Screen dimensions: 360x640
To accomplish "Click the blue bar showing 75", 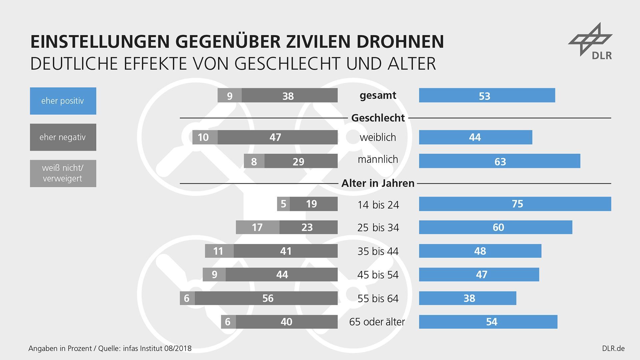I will [515, 204].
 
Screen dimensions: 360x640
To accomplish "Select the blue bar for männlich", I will [499, 161].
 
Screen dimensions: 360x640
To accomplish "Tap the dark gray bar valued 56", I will [266, 298].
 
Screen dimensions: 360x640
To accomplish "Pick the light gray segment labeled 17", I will [257, 227].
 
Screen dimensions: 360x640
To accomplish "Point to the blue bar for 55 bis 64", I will [467, 298].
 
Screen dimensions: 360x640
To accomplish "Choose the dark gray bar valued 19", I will [313, 204].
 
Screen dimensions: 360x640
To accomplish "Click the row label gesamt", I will [378, 96].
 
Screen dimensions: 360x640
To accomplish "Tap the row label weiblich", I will [378, 137].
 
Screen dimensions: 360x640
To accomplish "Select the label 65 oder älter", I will [377, 322].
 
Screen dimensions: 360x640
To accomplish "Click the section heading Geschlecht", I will [378, 118].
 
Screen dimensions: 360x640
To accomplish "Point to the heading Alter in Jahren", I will [378, 183].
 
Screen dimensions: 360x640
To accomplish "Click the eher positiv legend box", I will [63, 101].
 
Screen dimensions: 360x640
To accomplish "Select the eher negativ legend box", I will [63, 137].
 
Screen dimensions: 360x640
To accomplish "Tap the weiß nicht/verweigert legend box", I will [63, 173].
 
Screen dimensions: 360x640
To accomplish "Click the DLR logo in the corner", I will [591, 41].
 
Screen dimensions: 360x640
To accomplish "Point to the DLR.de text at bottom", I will [613, 349].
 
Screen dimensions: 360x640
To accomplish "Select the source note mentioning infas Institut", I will [110, 349].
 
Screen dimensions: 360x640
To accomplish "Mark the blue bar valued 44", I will [475, 137].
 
